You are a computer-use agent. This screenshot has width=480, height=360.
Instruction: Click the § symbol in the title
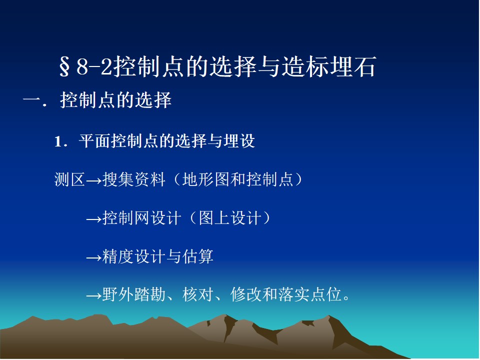pos(64,66)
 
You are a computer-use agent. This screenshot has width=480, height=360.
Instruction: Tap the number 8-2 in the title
pos(94,66)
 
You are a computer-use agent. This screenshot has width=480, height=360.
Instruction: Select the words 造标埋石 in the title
pos(328,66)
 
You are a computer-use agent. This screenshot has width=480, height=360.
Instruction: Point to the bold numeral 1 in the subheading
pos(58,141)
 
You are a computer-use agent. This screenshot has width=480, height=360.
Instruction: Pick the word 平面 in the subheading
pos(94,141)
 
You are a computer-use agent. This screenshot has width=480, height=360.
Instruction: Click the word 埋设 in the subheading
pos(239,141)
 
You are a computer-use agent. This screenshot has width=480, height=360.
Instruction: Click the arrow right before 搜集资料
pos(93,180)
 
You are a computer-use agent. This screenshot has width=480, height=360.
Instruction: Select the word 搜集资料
pos(134,179)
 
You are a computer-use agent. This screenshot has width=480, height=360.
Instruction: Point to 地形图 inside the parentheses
pos(205,179)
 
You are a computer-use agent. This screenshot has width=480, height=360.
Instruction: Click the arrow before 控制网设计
pos(93,219)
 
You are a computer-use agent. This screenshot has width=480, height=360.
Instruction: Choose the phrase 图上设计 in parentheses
pos(230,218)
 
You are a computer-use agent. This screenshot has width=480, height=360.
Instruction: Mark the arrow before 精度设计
pos(93,258)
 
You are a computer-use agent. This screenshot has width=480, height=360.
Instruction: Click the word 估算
pos(198,256)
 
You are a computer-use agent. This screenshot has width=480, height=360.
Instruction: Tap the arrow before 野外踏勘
pos(93,295)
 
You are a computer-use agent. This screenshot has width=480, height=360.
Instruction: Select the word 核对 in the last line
pos(198,295)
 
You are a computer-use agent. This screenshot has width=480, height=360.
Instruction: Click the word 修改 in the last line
pos(246,295)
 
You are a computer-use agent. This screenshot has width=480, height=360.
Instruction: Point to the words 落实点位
pos(310,295)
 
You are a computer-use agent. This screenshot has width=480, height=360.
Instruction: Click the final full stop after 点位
pos(346,298)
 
